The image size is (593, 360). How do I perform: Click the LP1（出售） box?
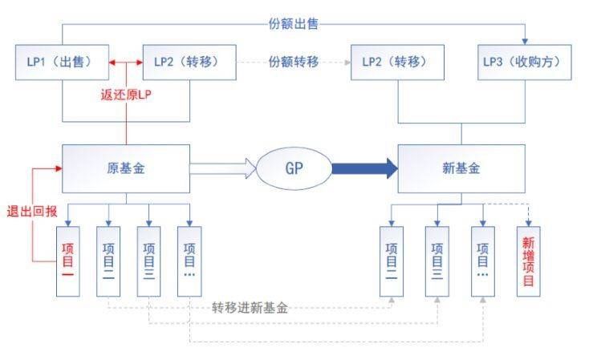[x=63, y=63]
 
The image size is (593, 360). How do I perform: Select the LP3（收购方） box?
[x=526, y=63]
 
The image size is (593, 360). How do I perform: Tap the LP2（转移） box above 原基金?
[x=189, y=63]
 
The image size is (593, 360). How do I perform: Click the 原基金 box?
[x=126, y=168]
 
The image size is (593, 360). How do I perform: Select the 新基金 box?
[x=461, y=168]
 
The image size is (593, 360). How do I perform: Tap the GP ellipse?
[x=294, y=168]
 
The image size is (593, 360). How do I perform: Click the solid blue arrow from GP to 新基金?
[x=364, y=168]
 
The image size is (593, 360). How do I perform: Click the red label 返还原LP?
[x=126, y=94]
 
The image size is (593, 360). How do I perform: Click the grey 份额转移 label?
[x=294, y=63]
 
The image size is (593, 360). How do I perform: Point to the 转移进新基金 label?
[x=250, y=307]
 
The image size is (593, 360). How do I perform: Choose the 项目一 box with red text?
[x=68, y=261]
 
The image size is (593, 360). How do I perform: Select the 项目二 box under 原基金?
[x=108, y=261]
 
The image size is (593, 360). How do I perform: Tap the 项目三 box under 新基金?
[x=437, y=261]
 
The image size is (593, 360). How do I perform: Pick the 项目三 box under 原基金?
[x=148, y=261]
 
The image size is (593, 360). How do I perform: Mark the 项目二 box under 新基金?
[x=391, y=261]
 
